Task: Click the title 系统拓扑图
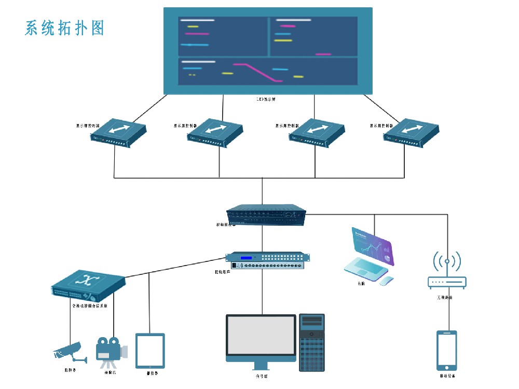(64, 28)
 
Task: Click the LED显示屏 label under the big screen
(266, 99)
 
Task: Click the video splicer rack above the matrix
(266, 215)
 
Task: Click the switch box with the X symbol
(89, 286)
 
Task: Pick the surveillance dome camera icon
(67, 352)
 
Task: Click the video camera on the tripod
(110, 350)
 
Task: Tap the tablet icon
(150, 351)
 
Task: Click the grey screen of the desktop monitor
(261, 335)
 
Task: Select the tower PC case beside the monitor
(312, 342)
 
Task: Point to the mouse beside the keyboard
(386, 281)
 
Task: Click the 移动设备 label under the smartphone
(447, 376)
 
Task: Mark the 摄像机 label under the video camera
(110, 372)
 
